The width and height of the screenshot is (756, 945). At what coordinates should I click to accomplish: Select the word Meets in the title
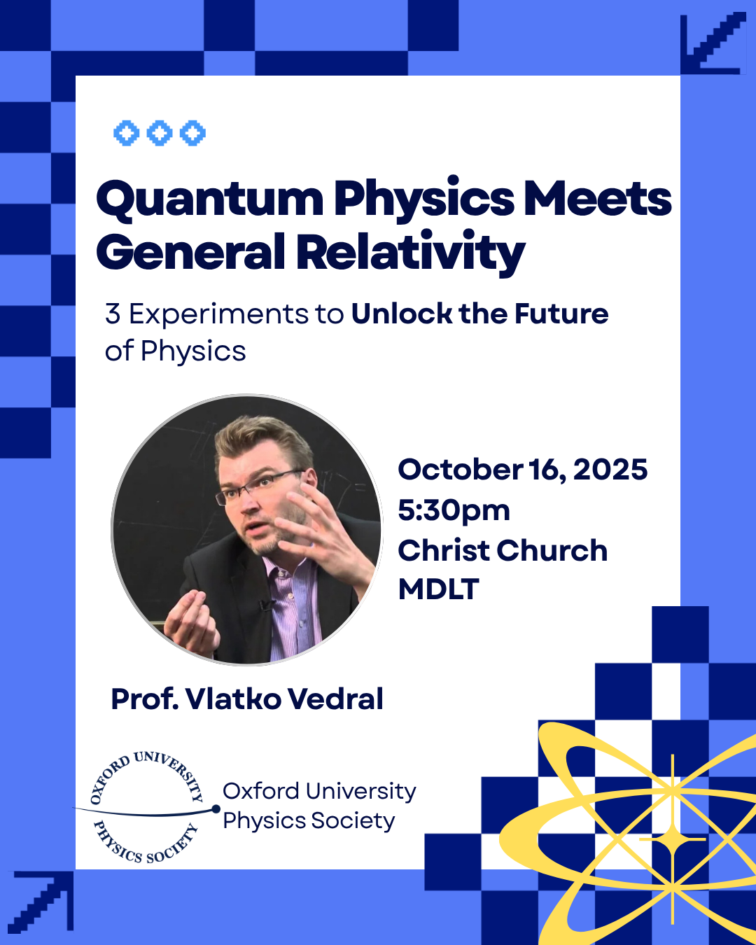coord(598,199)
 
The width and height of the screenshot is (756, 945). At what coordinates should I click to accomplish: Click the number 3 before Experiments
coord(113,314)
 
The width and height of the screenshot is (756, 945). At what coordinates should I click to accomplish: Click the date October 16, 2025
coord(522,470)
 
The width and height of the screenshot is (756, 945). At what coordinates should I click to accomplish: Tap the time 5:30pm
coord(454,510)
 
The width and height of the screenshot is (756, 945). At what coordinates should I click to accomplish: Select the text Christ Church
coord(503,551)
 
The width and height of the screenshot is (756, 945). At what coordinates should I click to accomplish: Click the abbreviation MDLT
coord(438,589)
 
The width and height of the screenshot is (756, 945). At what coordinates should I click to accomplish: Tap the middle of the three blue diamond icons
coord(159,133)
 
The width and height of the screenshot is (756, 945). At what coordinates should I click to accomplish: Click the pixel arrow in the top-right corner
coord(713,43)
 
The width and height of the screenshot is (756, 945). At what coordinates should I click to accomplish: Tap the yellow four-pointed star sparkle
coord(673,839)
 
